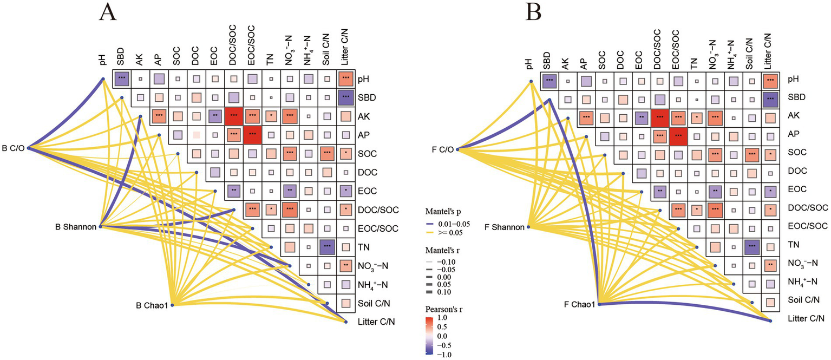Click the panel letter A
pos(109,12)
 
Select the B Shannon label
pos(76,227)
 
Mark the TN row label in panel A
pos(362,247)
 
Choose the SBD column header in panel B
pos(547,58)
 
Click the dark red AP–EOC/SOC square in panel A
pos(252,134)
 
